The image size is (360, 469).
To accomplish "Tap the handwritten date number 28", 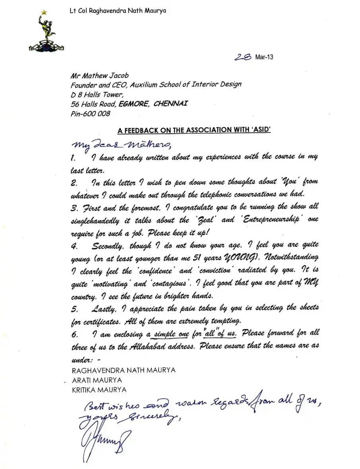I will tap(243, 57).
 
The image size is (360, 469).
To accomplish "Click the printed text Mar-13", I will tap(265, 57).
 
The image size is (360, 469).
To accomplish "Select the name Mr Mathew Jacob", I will tap(99, 76).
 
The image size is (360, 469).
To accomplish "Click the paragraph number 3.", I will tap(73, 207).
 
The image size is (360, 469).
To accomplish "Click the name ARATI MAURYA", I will tap(97, 380).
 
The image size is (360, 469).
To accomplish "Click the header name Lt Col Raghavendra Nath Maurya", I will tap(117, 11).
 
